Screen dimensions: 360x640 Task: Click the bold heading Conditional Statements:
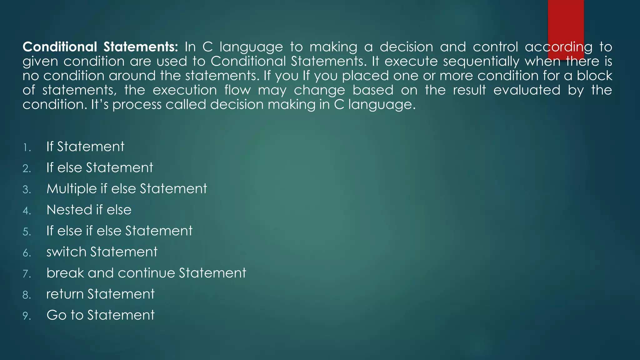tap(100, 47)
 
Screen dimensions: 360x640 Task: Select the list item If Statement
tap(85, 147)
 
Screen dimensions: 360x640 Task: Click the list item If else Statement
tap(100, 167)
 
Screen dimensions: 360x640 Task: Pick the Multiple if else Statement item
tap(127, 189)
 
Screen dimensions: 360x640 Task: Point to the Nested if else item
tap(89, 210)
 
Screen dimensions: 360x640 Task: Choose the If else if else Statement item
tap(119, 231)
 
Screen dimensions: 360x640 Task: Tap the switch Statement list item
tap(102, 252)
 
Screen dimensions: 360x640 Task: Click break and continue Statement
tap(146, 273)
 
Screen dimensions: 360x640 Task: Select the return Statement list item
tap(100, 294)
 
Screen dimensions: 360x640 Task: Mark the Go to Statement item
tap(100, 315)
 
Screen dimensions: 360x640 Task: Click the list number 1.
tap(27, 147)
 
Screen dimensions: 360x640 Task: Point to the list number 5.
tap(27, 232)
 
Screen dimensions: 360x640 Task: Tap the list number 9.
tap(27, 316)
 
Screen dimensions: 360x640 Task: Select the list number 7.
tap(27, 274)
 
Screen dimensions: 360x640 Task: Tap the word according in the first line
tap(558, 47)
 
